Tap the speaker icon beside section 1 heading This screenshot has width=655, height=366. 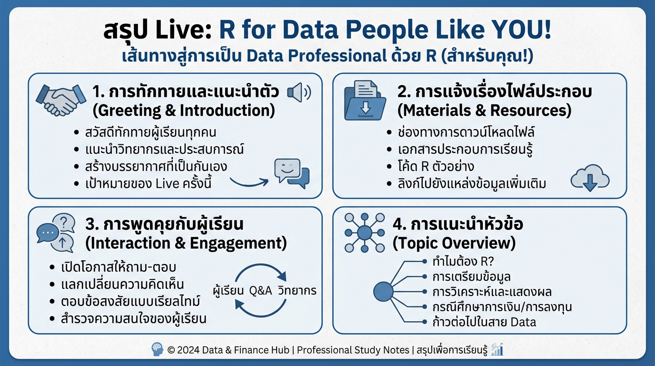(298, 92)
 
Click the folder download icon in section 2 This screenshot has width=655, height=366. (365, 100)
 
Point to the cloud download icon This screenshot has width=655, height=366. (590, 180)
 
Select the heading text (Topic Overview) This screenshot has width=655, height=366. (454, 243)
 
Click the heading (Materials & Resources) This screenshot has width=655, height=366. (484, 111)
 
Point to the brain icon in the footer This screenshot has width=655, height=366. (158, 349)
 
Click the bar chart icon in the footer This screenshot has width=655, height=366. (497, 349)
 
